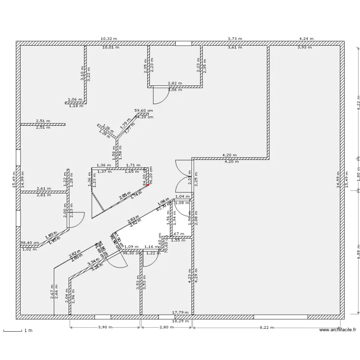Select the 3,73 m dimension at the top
[235, 38]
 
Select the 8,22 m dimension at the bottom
[267, 327]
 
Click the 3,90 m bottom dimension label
[105, 327]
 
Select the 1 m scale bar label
[28, 330]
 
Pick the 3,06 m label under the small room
[175, 90]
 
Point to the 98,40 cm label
[29, 243]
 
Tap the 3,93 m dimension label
[304, 48]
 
